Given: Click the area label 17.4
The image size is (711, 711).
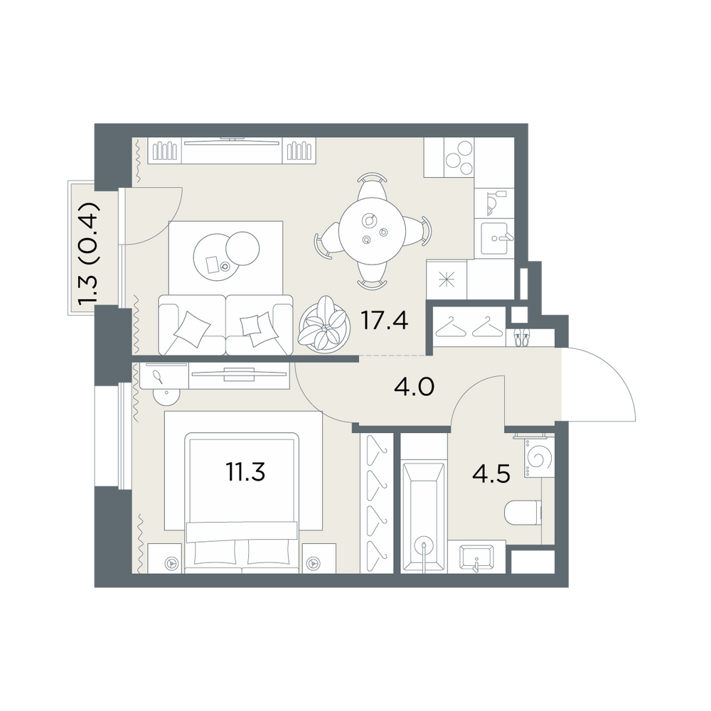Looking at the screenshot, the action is [x=384, y=321].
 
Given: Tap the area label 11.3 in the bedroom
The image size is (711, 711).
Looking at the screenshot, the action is [x=245, y=473].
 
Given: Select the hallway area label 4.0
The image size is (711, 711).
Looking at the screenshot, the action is [x=414, y=387].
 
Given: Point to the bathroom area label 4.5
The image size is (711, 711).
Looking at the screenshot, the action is [x=491, y=474].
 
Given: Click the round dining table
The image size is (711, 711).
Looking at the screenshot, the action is [x=372, y=231].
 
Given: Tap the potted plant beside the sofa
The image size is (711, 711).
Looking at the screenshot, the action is [x=324, y=325].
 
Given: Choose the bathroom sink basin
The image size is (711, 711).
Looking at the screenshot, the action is [x=476, y=557].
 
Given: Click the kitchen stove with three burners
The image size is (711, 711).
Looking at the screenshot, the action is [x=459, y=158].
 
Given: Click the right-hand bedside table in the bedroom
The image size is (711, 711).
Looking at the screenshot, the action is [x=319, y=557].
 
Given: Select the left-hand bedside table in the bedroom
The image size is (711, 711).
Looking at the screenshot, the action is [x=165, y=557].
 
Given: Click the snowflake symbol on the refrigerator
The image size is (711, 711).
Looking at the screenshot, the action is [x=447, y=279].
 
